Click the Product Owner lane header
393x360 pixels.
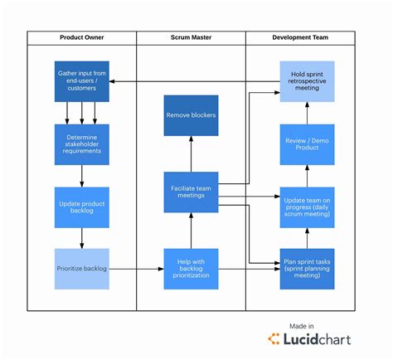82,38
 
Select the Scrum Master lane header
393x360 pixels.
191,38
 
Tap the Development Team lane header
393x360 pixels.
300,38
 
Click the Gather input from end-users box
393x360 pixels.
82,81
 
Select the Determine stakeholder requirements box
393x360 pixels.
82,144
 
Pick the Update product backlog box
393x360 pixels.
82,207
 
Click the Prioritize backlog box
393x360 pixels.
82,269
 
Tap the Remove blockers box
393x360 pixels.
191,115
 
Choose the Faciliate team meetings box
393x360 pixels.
191,192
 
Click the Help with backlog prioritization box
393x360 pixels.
191,269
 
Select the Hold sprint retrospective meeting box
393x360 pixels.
308,81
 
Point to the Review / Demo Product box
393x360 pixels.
308,144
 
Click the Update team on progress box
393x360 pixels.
308,207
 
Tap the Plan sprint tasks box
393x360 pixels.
308,269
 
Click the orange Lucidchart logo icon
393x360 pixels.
274,338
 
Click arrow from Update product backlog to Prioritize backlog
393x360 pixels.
82,238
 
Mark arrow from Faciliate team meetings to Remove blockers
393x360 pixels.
191,154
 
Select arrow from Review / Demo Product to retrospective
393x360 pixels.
308,113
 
